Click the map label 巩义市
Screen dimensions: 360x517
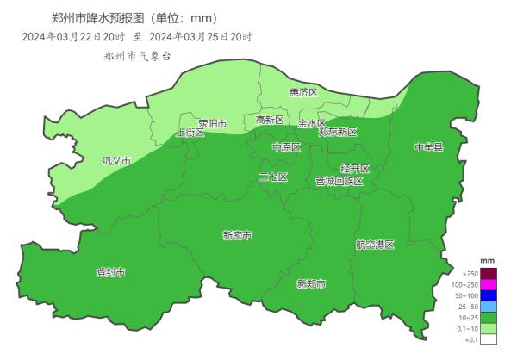pyautogui.click(x=116, y=160)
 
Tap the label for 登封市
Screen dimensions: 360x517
pyautogui.click(x=110, y=272)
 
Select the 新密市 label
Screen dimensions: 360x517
pyautogui.click(x=237, y=235)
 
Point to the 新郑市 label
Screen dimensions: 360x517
pyautogui.click(x=310, y=283)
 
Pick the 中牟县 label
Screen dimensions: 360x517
pyautogui.click(x=427, y=147)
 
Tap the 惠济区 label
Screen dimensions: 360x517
pyautogui.click(x=303, y=92)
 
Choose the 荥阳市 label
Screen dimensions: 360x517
pyautogui.click(x=212, y=123)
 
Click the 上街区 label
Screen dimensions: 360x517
pyautogui.click(x=190, y=133)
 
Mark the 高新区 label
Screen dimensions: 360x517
pyautogui.click(x=270, y=120)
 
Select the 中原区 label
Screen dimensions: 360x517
pyautogui.click(x=286, y=147)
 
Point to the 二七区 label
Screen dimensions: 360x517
pyautogui.click(x=273, y=177)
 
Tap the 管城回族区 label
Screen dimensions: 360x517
pyautogui.click(x=339, y=181)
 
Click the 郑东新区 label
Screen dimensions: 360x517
pyautogui.click(x=337, y=132)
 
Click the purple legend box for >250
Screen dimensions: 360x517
pyautogui.click(x=489, y=273)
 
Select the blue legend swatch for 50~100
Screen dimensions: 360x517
pyautogui.click(x=489, y=295)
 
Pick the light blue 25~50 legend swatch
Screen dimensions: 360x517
pyautogui.click(x=489, y=307)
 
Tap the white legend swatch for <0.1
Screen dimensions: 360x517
pyautogui.click(x=489, y=339)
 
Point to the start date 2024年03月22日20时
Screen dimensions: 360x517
pyautogui.click(x=74, y=37)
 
